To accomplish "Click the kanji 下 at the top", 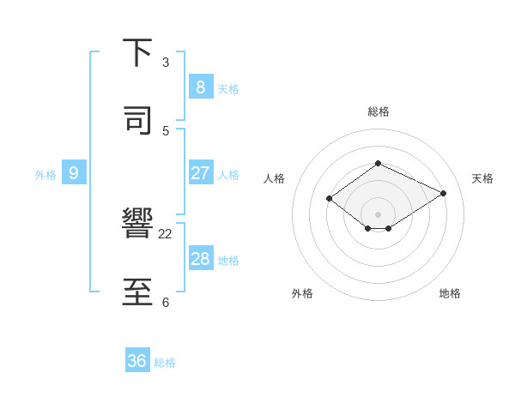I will click(137, 52).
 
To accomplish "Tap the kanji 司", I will click(137, 120).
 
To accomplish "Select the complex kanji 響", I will click(137, 225).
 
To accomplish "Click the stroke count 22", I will click(166, 233).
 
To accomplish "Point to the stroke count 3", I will click(166, 63).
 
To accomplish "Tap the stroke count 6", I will click(166, 302).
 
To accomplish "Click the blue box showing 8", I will click(200, 87).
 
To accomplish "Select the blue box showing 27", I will click(200, 172).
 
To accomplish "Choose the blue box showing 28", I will click(200, 259).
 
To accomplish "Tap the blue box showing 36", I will click(137, 361).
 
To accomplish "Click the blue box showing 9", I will click(74, 173).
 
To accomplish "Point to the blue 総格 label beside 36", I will click(165, 363).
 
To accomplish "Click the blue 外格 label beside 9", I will click(45, 175).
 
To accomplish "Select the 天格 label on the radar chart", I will click(482, 178).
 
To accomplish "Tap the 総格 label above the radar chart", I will click(378, 111).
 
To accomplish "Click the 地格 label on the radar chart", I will click(450, 293).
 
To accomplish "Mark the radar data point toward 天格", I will click(443, 193).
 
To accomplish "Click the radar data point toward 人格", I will click(330, 199).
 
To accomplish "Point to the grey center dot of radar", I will click(378, 214).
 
